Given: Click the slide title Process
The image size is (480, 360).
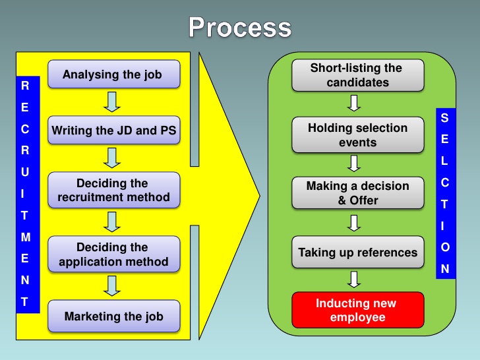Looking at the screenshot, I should (x=240, y=28).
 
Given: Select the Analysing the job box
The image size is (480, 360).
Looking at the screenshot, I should (x=113, y=75).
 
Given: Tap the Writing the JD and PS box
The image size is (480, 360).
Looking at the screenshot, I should (x=113, y=131).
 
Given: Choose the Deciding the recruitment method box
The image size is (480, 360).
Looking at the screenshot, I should (x=113, y=190).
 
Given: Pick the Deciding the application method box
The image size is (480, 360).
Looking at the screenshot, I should (x=113, y=254).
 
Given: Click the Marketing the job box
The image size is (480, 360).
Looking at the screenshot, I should (x=113, y=316).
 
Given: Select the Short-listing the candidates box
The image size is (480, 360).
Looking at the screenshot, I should (x=357, y=75).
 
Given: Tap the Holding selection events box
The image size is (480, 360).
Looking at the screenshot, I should (x=357, y=135).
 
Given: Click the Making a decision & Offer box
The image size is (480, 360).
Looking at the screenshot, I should (x=357, y=193).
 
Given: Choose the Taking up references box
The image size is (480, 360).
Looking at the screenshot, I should (x=357, y=253).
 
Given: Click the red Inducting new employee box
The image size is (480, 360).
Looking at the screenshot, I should (x=357, y=309).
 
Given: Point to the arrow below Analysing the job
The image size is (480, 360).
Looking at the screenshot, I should (x=113, y=102).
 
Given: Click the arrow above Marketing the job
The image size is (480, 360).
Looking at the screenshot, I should (x=113, y=285).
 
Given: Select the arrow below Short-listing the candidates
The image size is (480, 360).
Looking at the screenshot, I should (x=355, y=104).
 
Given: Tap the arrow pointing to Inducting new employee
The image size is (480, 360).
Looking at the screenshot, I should (x=355, y=280).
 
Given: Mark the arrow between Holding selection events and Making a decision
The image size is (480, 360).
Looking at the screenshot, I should (x=355, y=163).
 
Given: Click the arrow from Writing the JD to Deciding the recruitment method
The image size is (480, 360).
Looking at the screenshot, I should (x=113, y=158).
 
